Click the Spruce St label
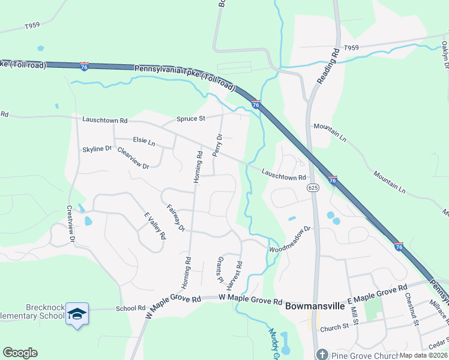(x=190, y=118)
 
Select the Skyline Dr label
(x=97, y=148)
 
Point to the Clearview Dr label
(x=133, y=158)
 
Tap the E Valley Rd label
(x=154, y=226)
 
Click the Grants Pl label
(x=219, y=271)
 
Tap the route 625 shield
(x=313, y=188)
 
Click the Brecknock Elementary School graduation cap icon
(x=77, y=314)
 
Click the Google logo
(x=20, y=353)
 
